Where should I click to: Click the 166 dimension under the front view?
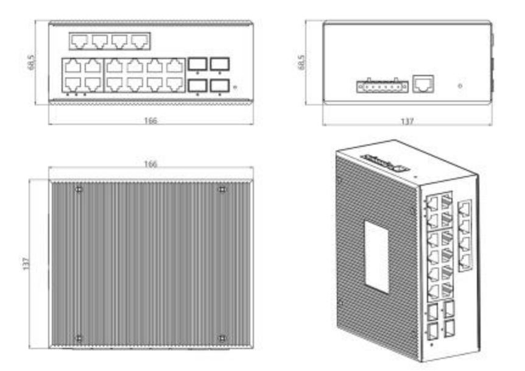pos(150,121)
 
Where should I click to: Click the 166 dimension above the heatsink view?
pos(150,164)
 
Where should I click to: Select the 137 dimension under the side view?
pos(407,121)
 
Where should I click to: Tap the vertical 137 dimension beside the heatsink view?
pos(26,264)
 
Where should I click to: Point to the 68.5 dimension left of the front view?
pos(31,62)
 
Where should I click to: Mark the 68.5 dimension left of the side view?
pos(301,62)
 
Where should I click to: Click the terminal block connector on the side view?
pos(382,87)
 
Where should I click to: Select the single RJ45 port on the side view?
pos(423,83)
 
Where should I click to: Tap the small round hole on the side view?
pos(460,86)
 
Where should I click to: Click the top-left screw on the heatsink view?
pos(79,190)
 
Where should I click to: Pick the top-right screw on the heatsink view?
pos(222,190)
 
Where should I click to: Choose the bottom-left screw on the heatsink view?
pos(79,338)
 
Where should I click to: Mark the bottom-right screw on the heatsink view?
pos(222,338)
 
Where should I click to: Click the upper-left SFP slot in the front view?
pos(197,64)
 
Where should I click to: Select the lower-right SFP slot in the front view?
pos(220,85)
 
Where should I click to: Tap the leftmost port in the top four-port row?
pos(80,41)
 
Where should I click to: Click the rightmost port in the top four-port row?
pos(139,41)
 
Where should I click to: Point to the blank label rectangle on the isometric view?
pos(377,257)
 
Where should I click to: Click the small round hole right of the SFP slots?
pos(234,87)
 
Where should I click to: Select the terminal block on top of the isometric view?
pos(385,163)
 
